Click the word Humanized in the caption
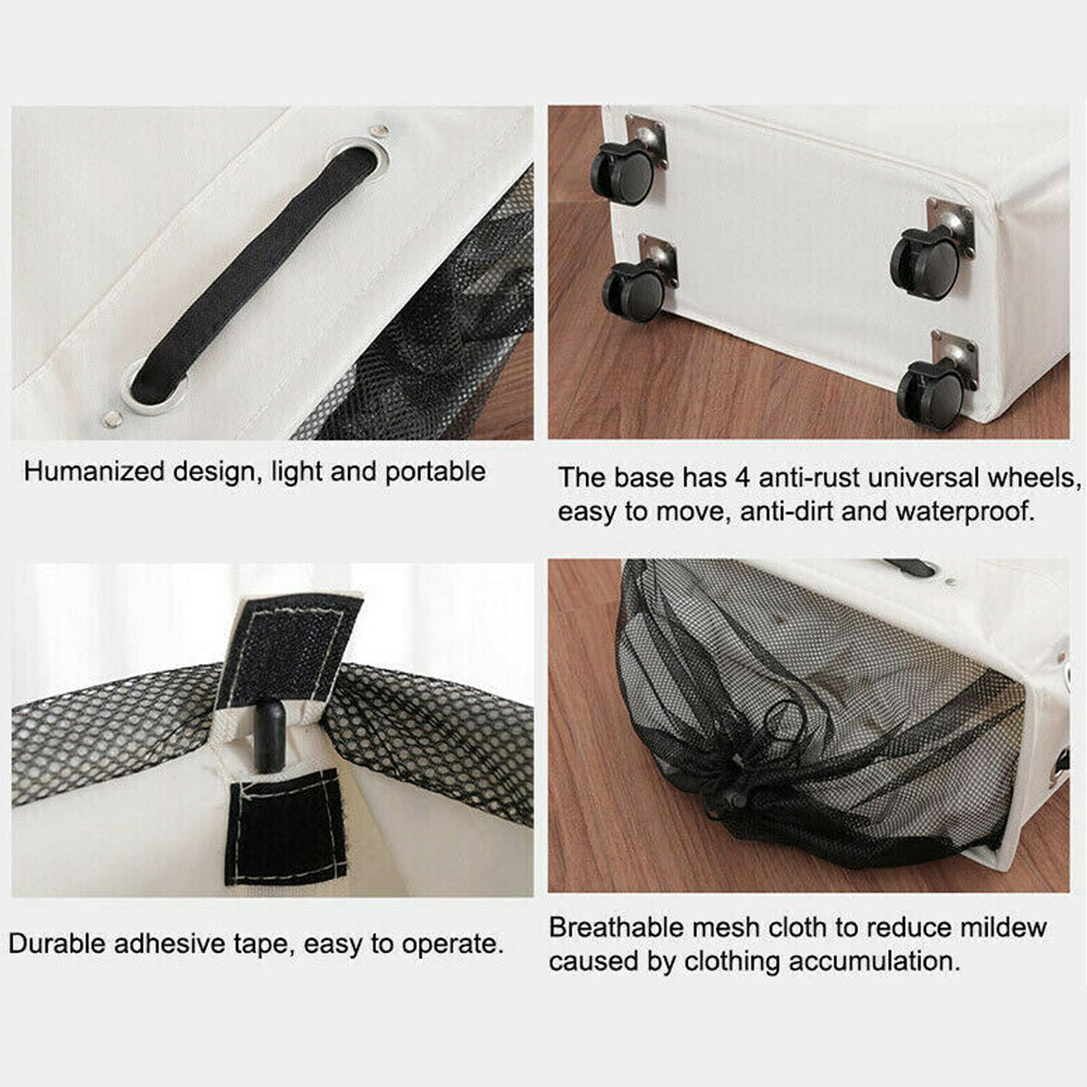(x=94, y=472)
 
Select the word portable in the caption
(x=435, y=472)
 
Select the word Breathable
(x=615, y=927)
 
